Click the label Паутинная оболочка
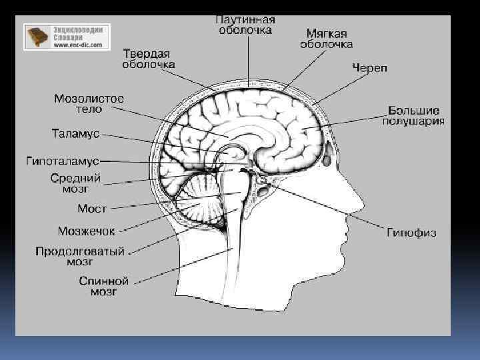[x=245, y=25]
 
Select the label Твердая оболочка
[x=148, y=59]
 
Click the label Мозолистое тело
[x=89, y=104]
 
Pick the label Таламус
[x=75, y=134]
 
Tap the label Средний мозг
[x=76, y=183]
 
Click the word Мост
[x=92, y=209]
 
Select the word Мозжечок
[x=86, y=231]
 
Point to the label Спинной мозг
[x=103, y=287]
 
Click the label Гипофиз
[x=411, y=233]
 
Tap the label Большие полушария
[x=413, y=115]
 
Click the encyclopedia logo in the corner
[x=67, y=37]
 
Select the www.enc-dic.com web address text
[x=78, y=45]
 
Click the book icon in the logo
[x=39, y=37]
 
